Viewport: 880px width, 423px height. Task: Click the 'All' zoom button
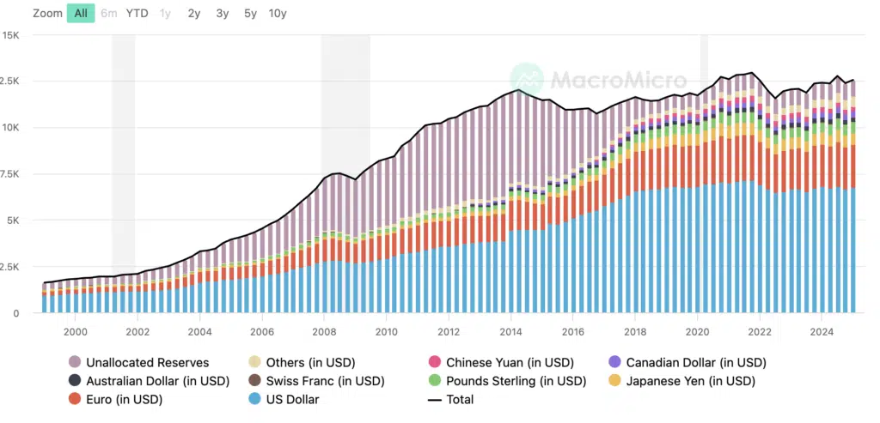(x=81, y=13)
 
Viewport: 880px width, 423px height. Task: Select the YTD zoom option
(x=137, y=13)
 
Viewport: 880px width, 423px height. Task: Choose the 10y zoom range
(x=278, y=13)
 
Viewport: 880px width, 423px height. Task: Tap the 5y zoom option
(x=250, y=13)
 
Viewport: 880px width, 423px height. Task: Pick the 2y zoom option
(x=194, y=13)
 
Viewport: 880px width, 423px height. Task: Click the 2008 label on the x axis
(x=324, y=332)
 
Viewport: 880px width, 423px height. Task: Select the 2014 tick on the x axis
(x=510, y=332)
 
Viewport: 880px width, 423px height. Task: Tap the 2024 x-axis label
(x=822, y=332)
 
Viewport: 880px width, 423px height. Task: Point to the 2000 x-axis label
(x=75, y=332)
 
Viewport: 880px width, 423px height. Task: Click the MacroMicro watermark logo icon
(x=527, y=80)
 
